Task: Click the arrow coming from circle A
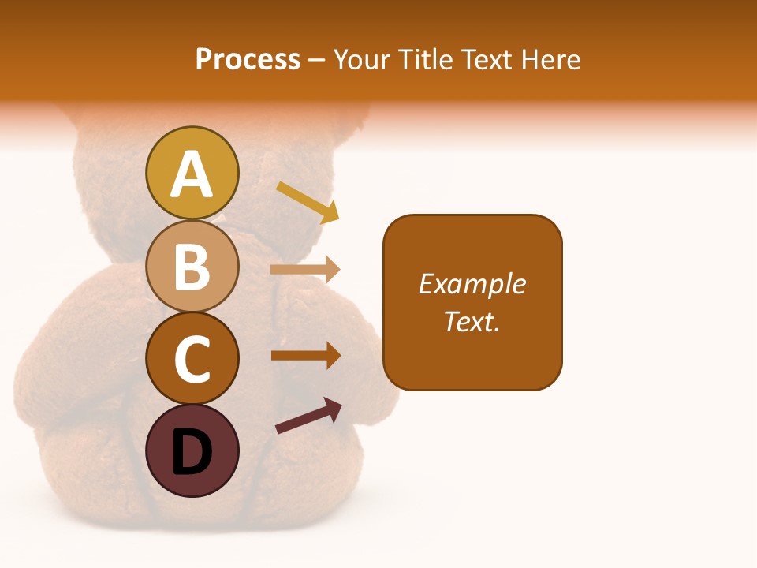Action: pos(308,201)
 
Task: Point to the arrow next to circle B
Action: pos(305,270)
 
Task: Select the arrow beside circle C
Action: pos(305,355)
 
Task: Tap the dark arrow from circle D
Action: pos(309,417)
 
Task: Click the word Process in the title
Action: pos(248,60)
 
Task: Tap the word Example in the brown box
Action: pos(472,284)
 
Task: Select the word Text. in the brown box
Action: pos(472,322)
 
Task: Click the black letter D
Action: pos(192,452)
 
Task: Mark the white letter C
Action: pos(192,360)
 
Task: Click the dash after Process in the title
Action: pos(317,61)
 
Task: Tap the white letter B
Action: pos(192,267)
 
